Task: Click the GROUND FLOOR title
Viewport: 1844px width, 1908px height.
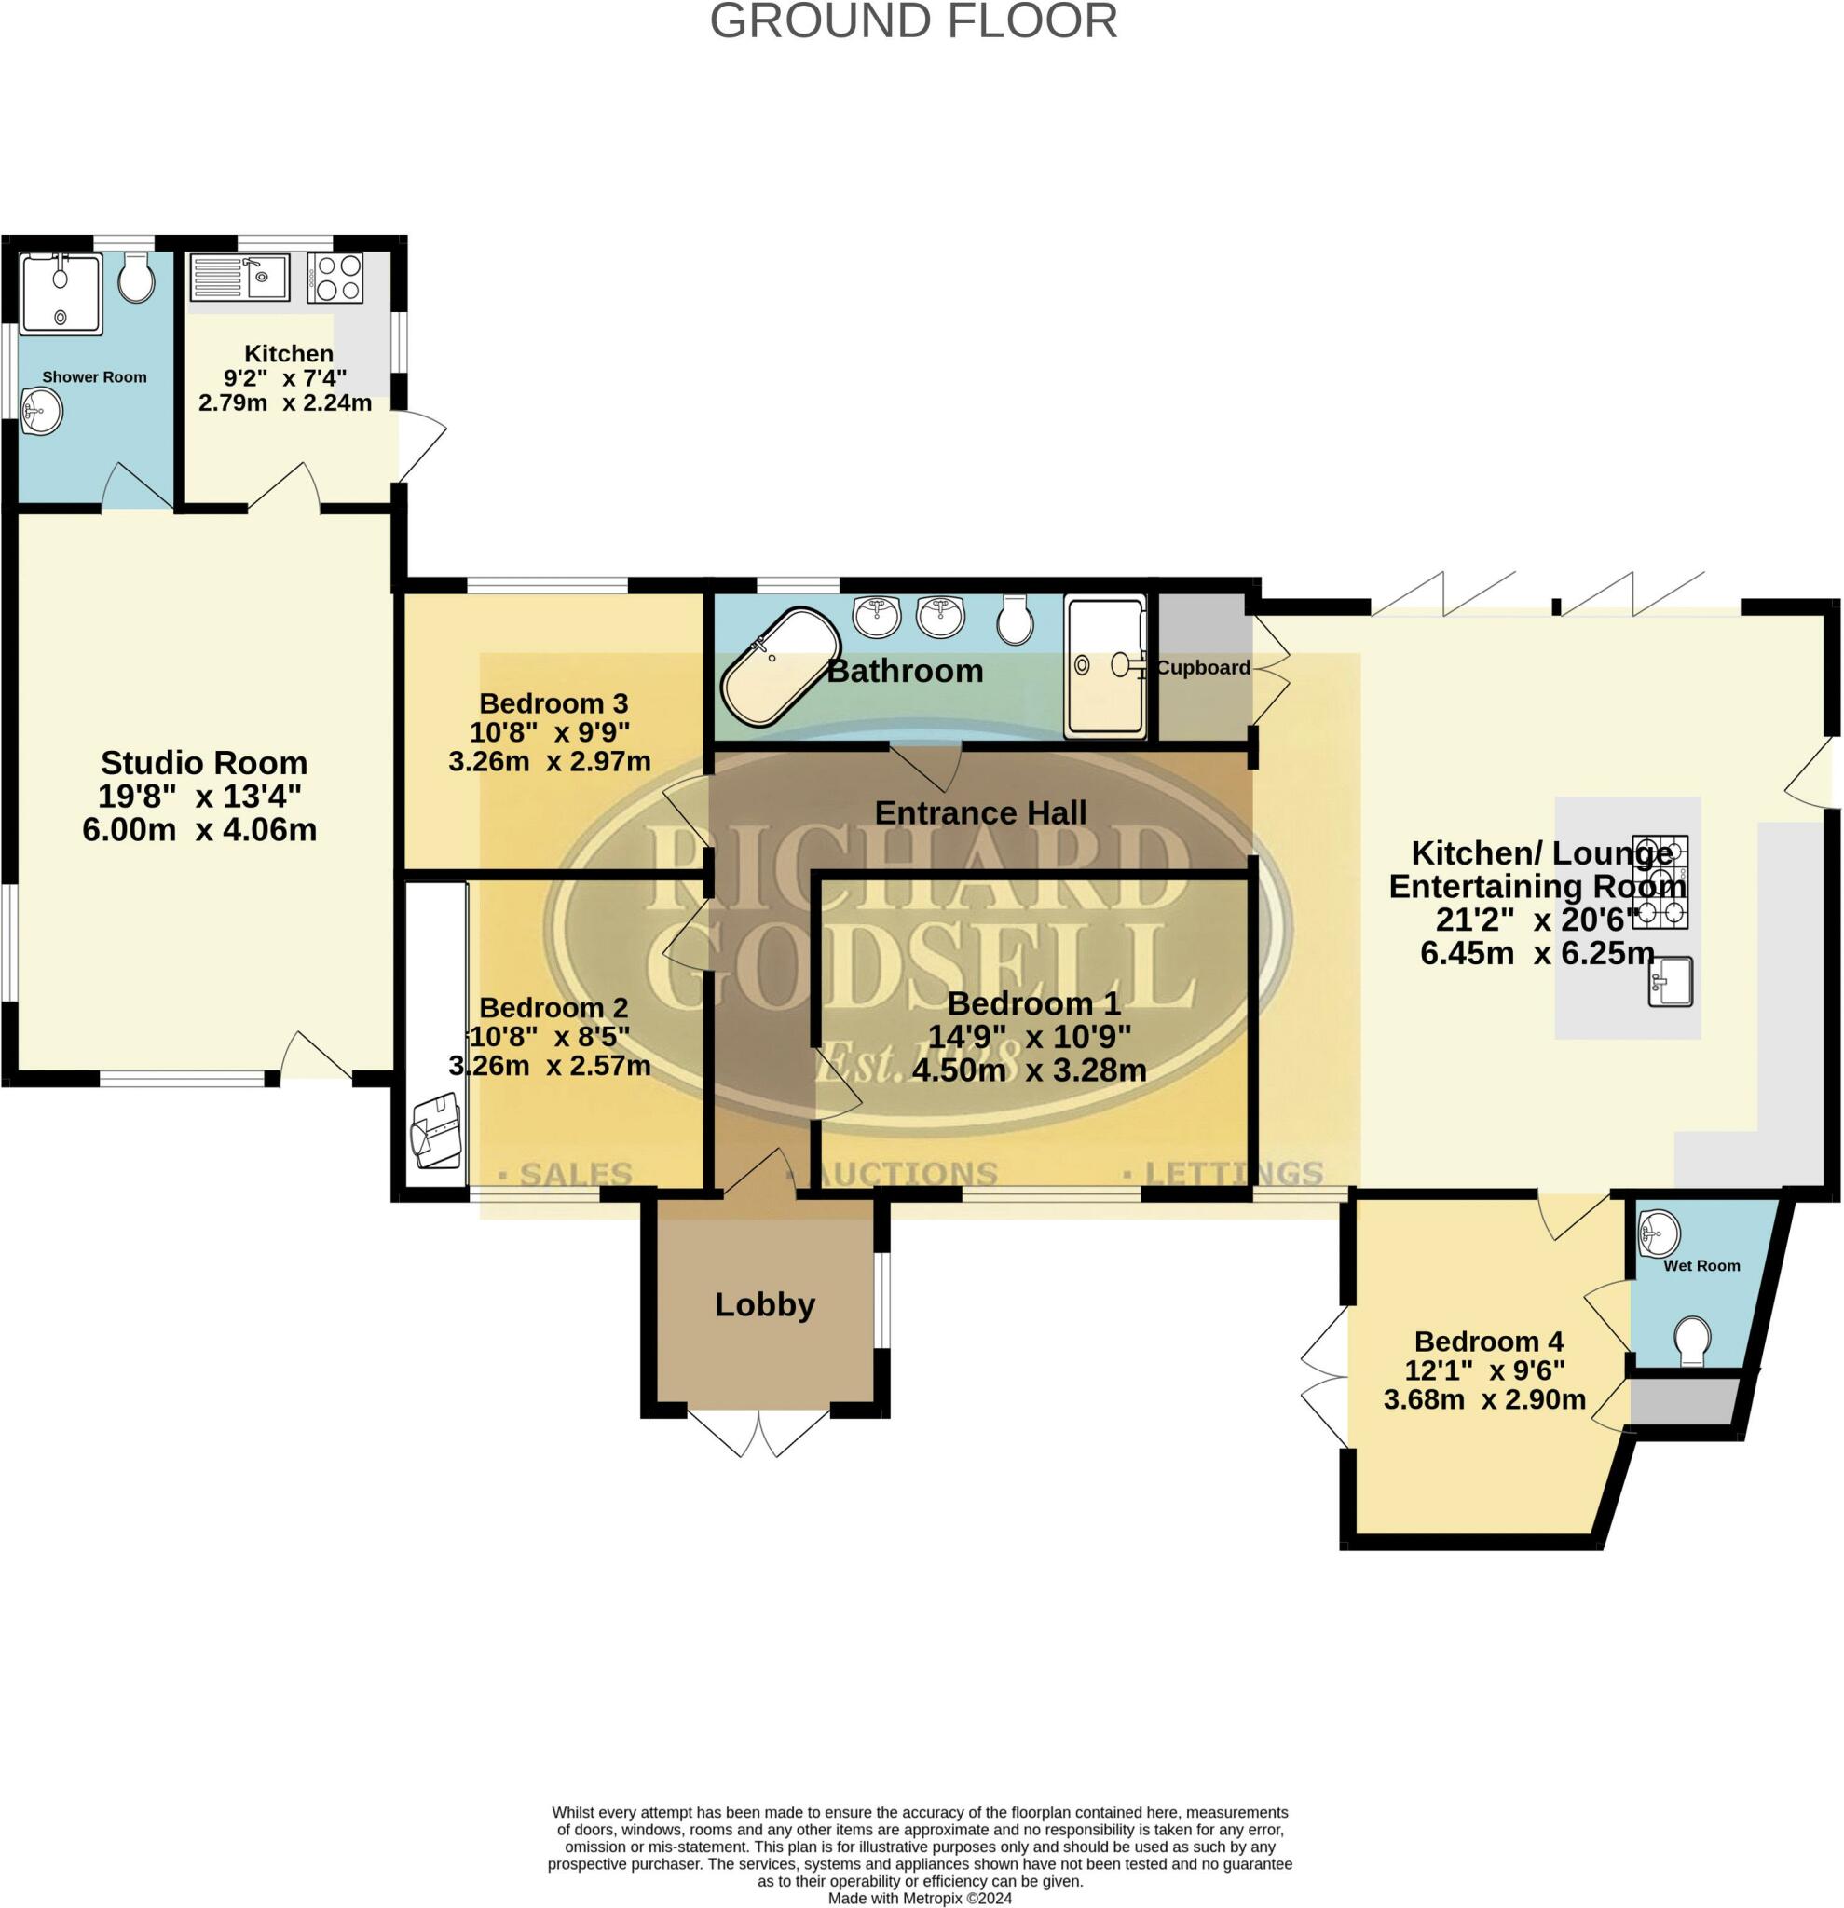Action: [x=912, y=21]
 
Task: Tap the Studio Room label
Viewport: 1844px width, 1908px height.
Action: [x=203, y=762]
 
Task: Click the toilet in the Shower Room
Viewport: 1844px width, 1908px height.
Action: [x=136, y=281]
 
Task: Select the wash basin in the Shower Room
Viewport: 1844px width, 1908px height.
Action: [x=42, y=412]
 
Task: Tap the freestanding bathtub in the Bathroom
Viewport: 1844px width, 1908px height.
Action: [x=780, y=667]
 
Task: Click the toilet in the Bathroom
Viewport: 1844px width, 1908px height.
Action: [x=1016, y=620]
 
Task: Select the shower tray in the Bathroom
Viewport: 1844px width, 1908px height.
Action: [x=1105, y=665]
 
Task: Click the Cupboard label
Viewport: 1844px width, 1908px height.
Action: [x=1203, y=668]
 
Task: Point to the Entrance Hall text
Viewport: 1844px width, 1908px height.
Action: [x=979, y=812]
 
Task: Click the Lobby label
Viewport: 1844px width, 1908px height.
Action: [x=764, y=1304]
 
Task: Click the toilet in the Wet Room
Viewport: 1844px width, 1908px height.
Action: [x=1693, y=1342]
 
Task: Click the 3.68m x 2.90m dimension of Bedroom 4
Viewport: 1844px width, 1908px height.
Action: [x=1483, y=1400]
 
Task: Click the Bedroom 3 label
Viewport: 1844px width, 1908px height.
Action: [x=553, y=702]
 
